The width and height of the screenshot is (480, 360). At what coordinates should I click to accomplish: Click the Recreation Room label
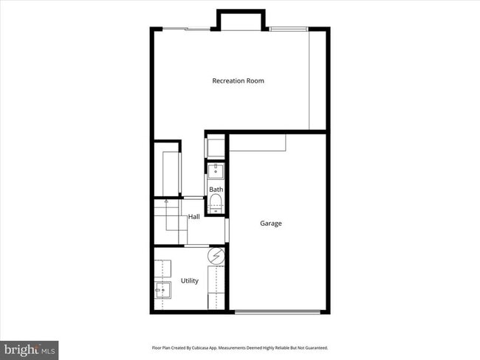(238, 80)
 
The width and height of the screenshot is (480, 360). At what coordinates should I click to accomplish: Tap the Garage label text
(270, 223)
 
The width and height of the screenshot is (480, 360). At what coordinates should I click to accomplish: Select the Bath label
(216, 190)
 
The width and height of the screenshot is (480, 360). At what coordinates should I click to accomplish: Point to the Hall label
(193, 217)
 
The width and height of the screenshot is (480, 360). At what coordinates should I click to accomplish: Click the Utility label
(190, 281)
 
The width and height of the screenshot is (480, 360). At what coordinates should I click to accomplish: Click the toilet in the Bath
(216, 203)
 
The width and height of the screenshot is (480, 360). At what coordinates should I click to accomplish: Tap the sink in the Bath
(216, 172)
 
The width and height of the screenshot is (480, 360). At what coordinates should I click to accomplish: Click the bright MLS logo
(30, 348)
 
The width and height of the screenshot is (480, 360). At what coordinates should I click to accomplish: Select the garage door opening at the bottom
(277, 312)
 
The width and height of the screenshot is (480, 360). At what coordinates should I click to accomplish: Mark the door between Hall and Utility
(198, 245)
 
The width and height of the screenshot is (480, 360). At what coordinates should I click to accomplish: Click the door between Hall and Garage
(227, 230)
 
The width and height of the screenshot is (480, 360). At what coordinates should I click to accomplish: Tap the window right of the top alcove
(288, 29)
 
